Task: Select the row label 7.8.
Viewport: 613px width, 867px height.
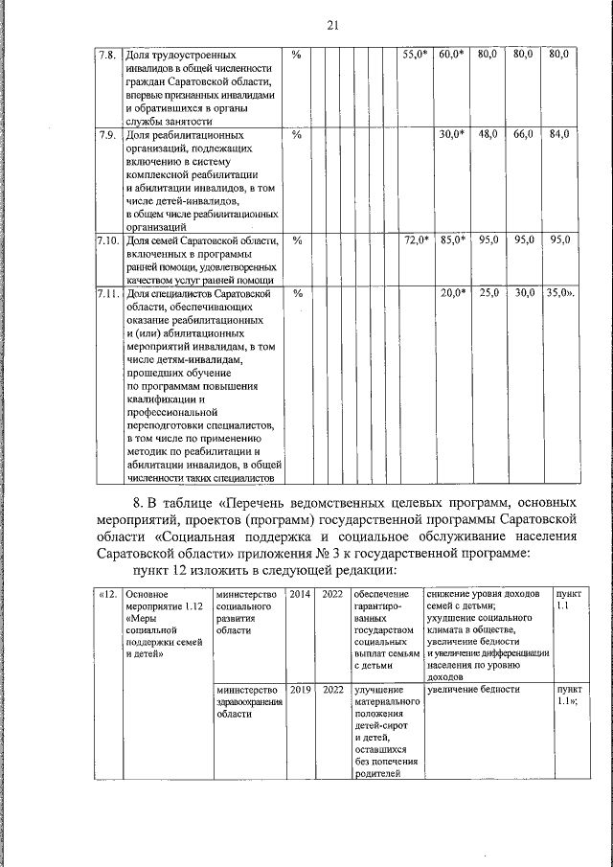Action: [107, 56]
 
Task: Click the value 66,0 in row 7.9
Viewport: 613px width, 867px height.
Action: [522, 134]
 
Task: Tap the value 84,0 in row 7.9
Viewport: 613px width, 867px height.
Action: [558, 134]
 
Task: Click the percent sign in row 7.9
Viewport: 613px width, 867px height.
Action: [296, 134]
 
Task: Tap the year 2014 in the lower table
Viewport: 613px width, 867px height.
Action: [301, 595]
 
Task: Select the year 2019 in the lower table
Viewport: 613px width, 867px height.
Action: [301, 689]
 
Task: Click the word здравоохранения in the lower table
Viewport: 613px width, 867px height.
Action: [249, 701]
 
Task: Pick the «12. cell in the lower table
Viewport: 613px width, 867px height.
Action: [108, 595]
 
